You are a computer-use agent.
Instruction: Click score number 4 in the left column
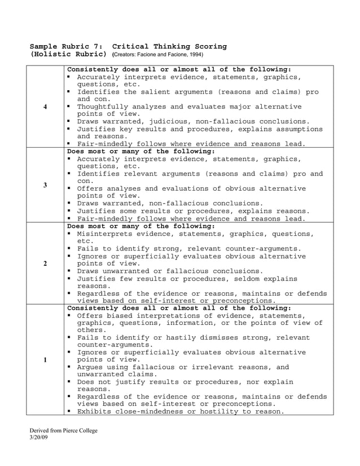[x=45, y=108]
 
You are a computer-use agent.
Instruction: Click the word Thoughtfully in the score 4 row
[x=104, y=106]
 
